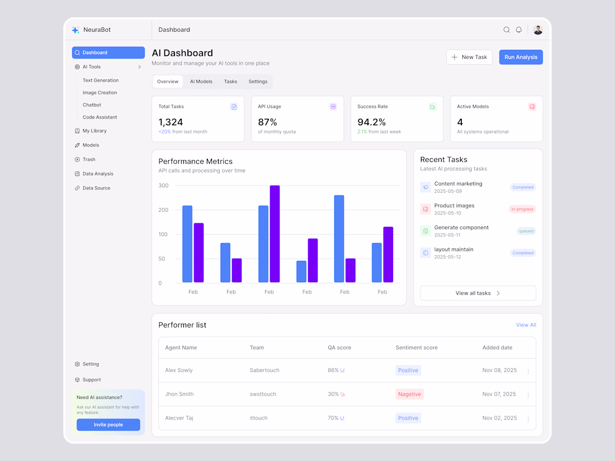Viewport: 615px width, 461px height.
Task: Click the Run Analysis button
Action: point(521,57)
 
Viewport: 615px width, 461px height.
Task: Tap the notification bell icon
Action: point(519,30)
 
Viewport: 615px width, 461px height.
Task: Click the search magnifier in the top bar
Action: point(507,30)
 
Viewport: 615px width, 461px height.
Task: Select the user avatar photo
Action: point(538,30)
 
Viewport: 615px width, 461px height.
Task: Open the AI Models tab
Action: point(201,82)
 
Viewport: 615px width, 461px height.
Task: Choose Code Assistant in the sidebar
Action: point(100,117)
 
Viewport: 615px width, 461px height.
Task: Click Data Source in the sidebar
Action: point(96,188)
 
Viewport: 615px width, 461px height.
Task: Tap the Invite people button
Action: point(108,425)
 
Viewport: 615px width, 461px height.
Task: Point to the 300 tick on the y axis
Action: point(163,186)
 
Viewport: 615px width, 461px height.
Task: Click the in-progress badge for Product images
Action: point(522,209)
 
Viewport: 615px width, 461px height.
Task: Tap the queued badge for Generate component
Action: point(526,231)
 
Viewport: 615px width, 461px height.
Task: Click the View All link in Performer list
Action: point(526,325)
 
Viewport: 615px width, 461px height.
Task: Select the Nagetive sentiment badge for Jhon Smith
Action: point(409,394)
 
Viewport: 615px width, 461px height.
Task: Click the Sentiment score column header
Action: point(417,348)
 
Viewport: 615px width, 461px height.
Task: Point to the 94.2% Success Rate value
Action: point(372,122)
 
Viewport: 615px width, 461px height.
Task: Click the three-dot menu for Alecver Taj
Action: point(528,419)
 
